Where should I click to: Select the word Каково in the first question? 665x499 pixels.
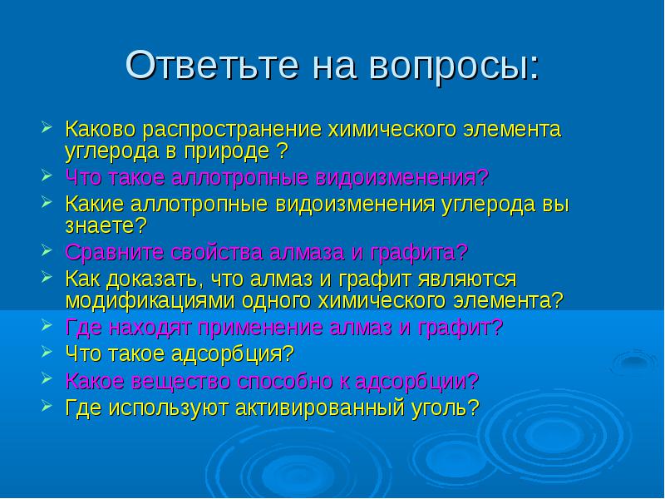click(101, 129)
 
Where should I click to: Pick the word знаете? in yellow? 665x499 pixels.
click(106, 225)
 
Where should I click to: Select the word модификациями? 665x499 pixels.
click(150, 301)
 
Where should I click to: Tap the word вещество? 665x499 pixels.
click(181, 382)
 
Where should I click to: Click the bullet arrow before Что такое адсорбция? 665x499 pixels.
click(47, 351)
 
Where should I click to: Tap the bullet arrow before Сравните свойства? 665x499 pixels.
click(47, 249)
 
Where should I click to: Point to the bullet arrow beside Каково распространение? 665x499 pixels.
click(47, 126)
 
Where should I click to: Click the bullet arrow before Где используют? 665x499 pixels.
click(47, 405)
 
